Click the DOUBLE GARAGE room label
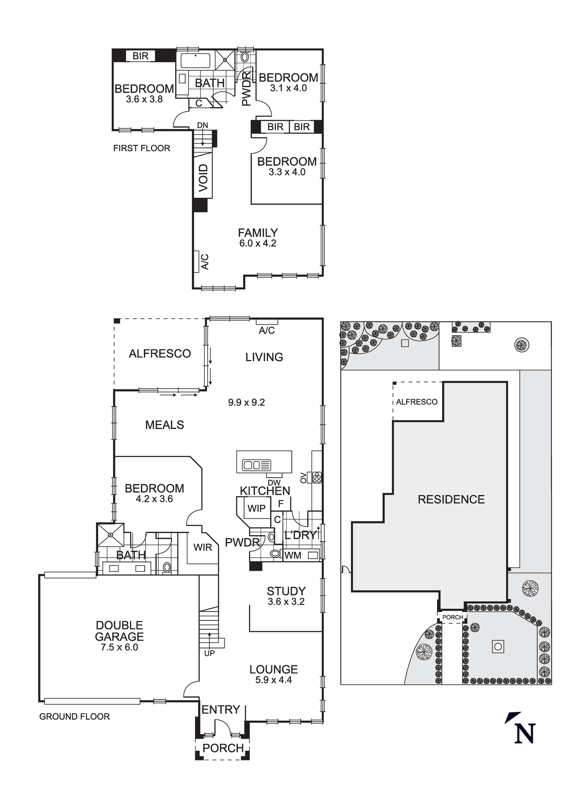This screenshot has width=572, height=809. tap(119, 631)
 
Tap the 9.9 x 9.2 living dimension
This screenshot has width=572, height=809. tap(246, 402)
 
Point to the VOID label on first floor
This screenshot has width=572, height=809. tap(203, 178)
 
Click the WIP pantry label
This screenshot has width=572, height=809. tap(256, 508)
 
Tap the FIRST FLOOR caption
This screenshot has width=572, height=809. tap(141, 148)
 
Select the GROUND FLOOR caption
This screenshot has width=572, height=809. tap(74, 717)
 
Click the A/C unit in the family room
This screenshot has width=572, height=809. tap(199, 261)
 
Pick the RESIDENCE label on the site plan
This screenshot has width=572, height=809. tap(451, 500)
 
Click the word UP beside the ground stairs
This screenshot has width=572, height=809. tap(209, 653)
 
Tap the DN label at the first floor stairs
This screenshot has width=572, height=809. tap(202, 125)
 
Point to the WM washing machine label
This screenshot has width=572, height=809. tap(293, 556)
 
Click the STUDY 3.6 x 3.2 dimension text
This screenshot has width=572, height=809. tap(286, 602)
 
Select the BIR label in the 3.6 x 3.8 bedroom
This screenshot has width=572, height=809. tap(140, 56)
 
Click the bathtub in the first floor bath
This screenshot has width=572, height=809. tap(195, 61)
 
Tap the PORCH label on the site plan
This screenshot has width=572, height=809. tap(453, 617)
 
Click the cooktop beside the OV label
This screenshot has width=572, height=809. tap(317, 478)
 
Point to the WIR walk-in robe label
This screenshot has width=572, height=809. tap(202, 548)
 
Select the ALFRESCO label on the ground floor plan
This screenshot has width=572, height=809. tap(159, 354)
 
